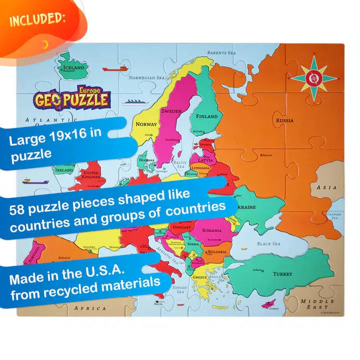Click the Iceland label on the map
[73, 68]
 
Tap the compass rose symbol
[314, 78]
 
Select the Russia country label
[284, 120]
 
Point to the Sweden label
[171, 111]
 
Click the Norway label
[146, 124]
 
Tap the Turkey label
[282, 274]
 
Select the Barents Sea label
[221, 52]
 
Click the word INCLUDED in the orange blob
[37, 20]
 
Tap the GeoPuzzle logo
[72, 98]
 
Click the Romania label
[212, 230]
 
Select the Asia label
[327, 188]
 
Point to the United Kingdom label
[92, 176]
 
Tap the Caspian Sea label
[334, 215]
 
